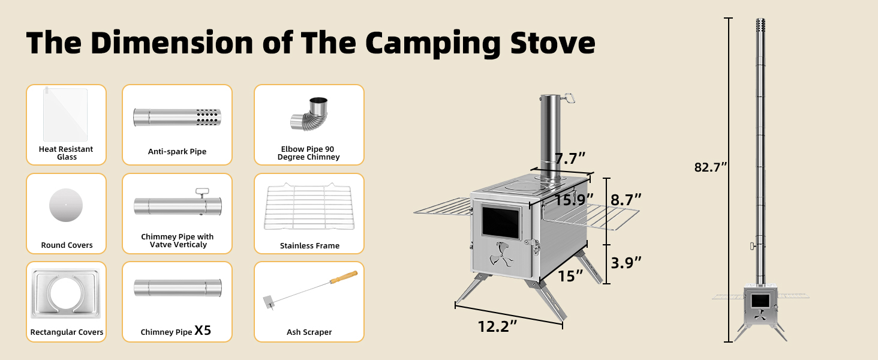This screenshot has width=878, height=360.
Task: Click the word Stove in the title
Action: (x=553, y=43)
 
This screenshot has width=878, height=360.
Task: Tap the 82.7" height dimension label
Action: (x=710, y=167)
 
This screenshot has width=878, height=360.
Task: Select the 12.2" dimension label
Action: (x=497, y=326)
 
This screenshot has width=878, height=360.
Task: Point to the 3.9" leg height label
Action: (x=626, y=263)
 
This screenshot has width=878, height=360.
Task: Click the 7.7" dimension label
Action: (x=570, y=158)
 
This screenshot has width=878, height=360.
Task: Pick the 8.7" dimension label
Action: (x=626, y=200)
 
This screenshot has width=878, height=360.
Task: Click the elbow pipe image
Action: (x=309, y=114)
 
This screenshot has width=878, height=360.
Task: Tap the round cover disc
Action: (x=66, y=205)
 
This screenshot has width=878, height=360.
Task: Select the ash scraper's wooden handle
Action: (x=344, y=277)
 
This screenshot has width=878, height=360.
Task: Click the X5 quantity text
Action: (x=203, y=330)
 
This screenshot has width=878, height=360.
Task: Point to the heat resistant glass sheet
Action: (x=65, y=114)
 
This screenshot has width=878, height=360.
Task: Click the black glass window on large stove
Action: (x=501, y=223)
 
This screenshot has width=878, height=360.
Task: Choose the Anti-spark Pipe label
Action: (x=177, y=152)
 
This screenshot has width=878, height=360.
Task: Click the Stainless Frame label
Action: (x=309, y=246)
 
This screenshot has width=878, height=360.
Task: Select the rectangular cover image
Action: (x=66, y=293)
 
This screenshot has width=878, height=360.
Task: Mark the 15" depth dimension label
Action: (x=570, y=276)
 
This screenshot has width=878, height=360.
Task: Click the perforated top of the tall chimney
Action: (x=760, y=25)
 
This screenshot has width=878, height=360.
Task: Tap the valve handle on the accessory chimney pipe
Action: (x=203, y=193)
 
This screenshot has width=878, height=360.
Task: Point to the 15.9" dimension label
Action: (x=574, y=200)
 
